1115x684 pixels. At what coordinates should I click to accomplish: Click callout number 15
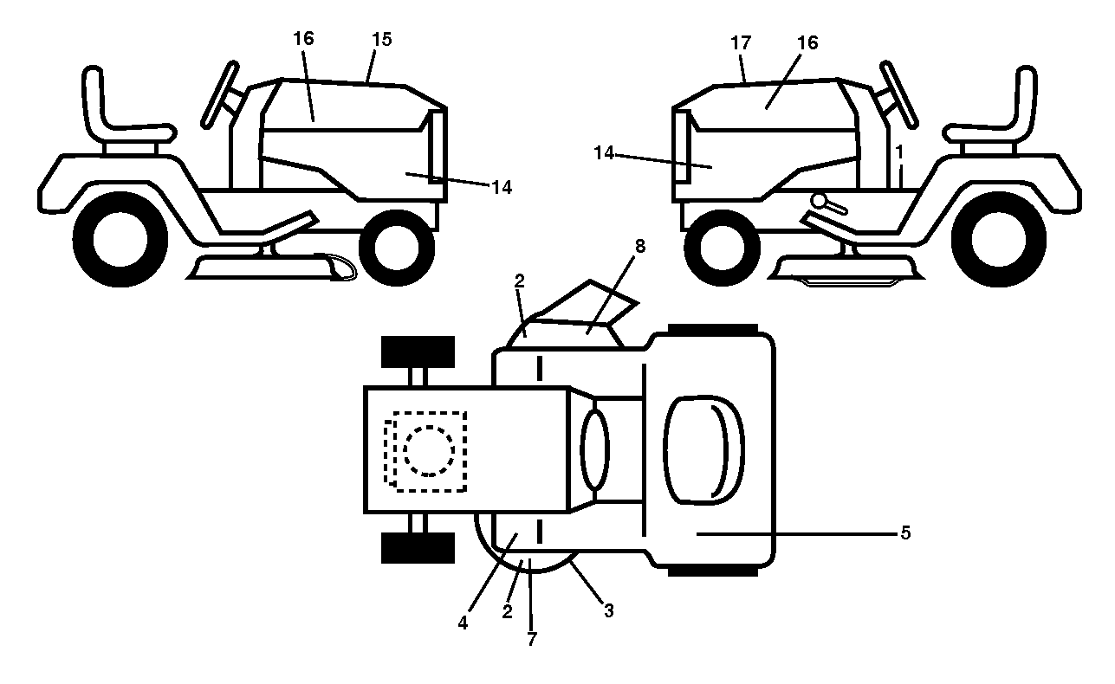382,39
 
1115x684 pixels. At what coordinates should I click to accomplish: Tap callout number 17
741,43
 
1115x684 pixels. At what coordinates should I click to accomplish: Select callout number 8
640,246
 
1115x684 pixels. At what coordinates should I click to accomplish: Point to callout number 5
905,532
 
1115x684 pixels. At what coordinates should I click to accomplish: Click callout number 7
532,639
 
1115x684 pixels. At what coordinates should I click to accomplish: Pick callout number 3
609,610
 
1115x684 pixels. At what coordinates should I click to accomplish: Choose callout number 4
463,623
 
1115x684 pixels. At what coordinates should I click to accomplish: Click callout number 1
899,152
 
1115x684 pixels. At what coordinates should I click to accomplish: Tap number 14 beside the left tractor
502,187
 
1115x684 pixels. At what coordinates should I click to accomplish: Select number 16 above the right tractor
807,42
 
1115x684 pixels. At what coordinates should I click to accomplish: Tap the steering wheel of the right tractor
899,94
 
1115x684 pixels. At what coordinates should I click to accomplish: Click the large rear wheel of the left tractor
120,239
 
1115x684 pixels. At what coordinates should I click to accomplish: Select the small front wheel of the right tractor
723,248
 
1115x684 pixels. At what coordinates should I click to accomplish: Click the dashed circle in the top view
429,451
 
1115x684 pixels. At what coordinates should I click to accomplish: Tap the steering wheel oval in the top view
595,449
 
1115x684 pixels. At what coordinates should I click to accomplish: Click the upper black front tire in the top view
418,352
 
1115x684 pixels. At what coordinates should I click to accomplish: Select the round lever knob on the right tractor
819,201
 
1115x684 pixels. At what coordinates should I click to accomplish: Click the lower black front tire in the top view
418,548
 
